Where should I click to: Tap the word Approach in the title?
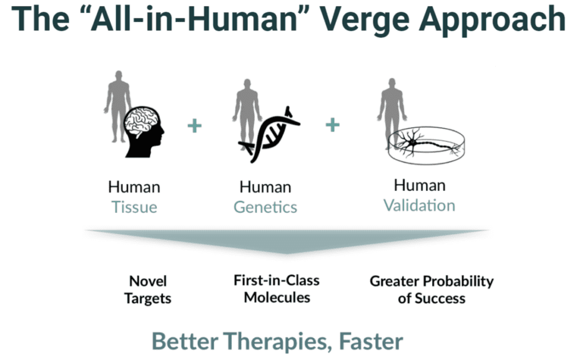click(x=491, y=21)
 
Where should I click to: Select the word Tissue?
click(x=134, y=207)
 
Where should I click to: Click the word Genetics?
click(x=265, y=207)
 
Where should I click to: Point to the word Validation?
click(x=420, y=205)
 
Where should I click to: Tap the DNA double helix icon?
click(x=269, y=135)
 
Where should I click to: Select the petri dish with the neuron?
click(x=426, y=145)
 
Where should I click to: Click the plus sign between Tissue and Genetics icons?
click(x=195, y=125)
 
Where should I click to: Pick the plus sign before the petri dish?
click(x=333, y=125)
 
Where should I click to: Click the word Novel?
click(x=148, y=281)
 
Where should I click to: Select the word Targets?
click(x=147, y=298)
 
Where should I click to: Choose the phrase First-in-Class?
click(x=277, y=281)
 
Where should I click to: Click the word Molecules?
click(x=277, y=298)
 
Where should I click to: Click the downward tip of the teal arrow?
click(x=287, y=253)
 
